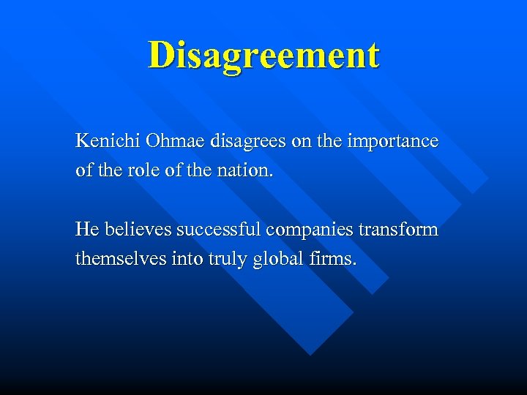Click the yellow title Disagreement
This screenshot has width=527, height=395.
click(263, 56)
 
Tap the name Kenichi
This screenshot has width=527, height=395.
click(102, 141)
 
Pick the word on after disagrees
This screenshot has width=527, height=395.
click(301, 142)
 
